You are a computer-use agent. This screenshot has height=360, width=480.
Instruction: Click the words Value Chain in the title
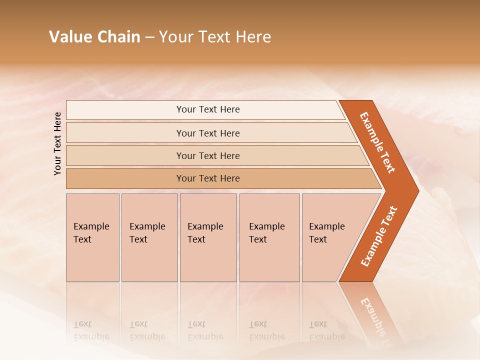94,37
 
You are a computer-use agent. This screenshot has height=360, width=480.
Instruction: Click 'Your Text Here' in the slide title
215,37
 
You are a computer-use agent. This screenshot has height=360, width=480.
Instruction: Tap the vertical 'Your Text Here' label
57,143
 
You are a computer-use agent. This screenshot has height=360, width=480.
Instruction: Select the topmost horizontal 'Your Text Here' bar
207,109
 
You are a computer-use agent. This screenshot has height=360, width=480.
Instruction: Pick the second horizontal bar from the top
207,133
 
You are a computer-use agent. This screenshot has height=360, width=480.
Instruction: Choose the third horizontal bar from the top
207,155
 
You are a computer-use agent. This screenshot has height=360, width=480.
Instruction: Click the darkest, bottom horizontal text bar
207,178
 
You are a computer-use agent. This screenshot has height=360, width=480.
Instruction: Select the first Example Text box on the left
92,237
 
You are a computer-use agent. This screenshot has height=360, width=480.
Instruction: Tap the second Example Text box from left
149,237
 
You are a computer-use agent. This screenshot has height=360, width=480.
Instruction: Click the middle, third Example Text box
208,237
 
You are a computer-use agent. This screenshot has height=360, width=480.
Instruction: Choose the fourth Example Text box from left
269,237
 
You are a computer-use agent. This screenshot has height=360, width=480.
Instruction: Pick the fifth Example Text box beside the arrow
330,237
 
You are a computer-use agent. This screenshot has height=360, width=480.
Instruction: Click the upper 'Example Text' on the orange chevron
377,143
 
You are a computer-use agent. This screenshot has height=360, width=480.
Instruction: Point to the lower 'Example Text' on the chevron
379,236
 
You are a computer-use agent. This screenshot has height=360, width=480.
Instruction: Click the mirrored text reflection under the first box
91,330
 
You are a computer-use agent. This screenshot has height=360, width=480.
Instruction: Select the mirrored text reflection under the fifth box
326,330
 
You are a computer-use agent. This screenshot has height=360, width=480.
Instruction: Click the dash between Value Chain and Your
149,37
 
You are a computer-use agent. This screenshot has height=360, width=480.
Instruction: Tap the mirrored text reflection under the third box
205,330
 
